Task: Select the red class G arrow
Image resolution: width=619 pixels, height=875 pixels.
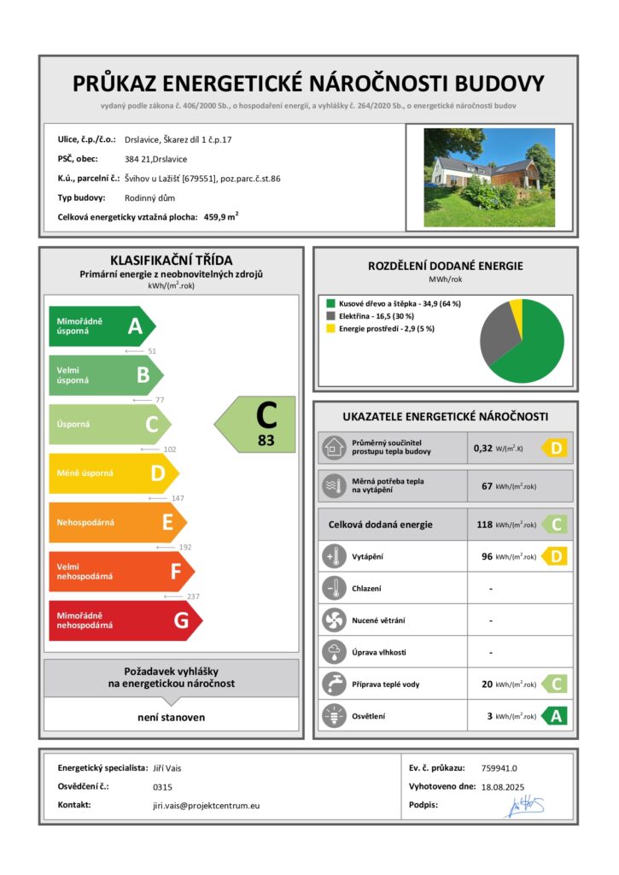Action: pos(123,620)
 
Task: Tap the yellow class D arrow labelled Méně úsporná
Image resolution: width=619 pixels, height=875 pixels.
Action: pos(112,473)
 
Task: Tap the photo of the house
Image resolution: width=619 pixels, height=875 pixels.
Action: pos(489,177)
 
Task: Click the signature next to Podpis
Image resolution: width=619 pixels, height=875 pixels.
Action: pos(525,805)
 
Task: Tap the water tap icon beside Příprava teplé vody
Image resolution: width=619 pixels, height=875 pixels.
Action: pos(332,684)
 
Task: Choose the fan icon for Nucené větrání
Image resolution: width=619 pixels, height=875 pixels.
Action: pos(332,620)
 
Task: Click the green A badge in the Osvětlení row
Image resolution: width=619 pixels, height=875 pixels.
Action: pos(555,716)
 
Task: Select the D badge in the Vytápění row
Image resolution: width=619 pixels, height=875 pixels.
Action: pos(555,557)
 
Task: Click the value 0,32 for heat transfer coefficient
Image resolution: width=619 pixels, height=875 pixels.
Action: pos(483,447)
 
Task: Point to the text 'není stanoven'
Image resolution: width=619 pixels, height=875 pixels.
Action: pos(171,717)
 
